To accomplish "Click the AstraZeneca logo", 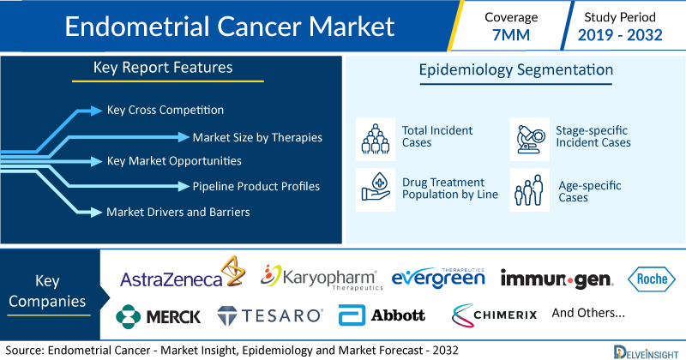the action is point(183,273).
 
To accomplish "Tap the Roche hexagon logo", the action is point(652,279).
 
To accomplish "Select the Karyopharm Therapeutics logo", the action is point(322,278).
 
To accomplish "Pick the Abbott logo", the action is point(382,315).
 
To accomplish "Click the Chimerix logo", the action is point(495,315).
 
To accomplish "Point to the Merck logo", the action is point(158,316).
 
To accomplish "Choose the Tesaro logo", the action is point(270,315).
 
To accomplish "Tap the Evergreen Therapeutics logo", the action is point(438,279).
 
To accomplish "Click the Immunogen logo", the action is point(557,279).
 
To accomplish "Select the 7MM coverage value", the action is point(511,35).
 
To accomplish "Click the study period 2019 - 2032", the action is point(620,35).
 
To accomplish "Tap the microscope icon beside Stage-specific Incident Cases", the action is point(529,139).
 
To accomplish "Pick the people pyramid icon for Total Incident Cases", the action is point(376,139).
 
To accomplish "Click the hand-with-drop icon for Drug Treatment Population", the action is point(376,189).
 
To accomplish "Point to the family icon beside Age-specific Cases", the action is point(529,189).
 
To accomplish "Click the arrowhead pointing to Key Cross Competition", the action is point(96,111).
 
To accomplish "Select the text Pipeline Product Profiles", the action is point(256,186).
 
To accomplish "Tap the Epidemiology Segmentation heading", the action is point(516,70).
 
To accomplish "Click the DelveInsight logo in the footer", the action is point(646,352).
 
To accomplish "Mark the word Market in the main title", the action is point(352,27).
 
